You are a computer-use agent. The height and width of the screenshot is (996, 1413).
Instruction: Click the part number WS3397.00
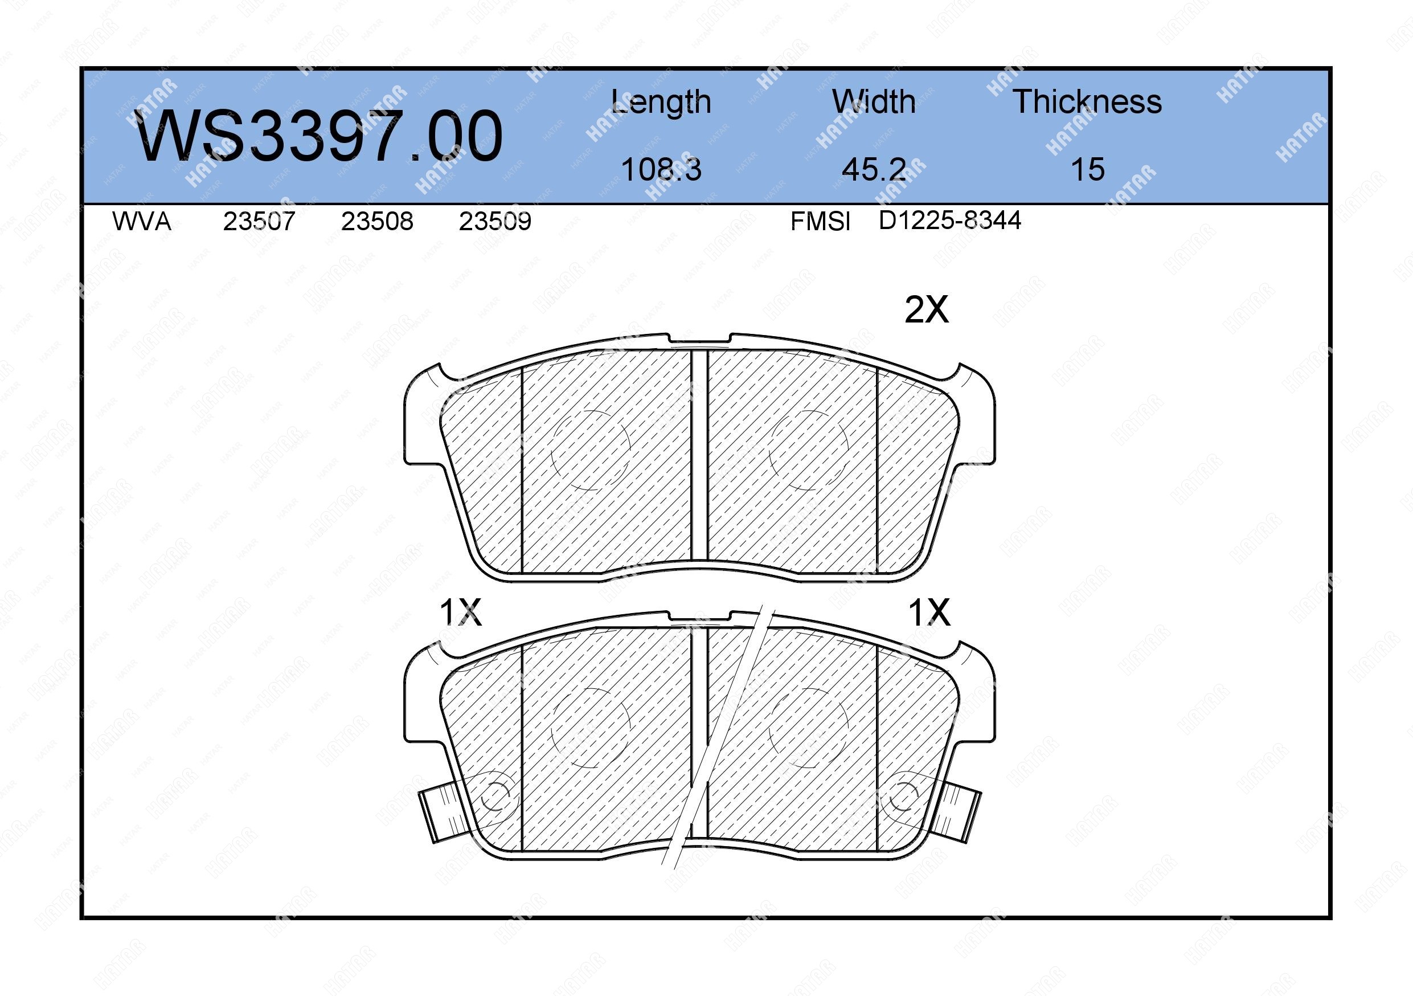[320, 136]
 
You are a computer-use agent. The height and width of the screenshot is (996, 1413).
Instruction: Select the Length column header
[661, 103]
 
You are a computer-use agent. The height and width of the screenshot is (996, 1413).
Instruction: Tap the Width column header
[874, 101]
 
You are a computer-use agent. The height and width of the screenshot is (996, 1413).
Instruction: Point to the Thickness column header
[1087, 101]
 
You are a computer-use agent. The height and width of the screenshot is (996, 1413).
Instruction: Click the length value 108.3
[661, 169]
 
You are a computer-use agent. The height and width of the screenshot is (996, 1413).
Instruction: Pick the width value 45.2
[874, 169]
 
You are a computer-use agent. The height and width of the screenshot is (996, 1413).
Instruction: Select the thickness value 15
[1087, 169]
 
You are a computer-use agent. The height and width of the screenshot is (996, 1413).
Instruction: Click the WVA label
[142, 221]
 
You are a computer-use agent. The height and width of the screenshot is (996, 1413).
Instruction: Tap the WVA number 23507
[259, 221]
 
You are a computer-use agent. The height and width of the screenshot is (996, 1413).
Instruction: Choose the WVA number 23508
[377, 221]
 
